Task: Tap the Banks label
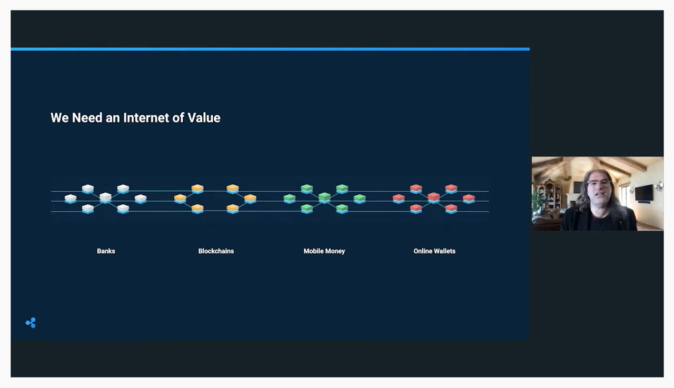point(106,251)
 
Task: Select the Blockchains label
point(216,251)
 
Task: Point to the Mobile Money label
point(324,251)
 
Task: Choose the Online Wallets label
point(434,251)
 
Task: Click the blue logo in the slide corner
point(31,323)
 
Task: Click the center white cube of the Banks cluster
point(105,198)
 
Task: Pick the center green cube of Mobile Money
point(324,198)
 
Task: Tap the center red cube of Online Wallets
point(433,198)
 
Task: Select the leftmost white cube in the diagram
point(71,199)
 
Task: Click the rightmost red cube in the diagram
point(469,199)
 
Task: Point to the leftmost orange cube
point(180,199)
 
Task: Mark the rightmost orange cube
point(250,199)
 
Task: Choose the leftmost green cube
point(290,199)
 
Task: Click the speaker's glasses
point(599,183)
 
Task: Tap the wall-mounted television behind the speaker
point(644,193)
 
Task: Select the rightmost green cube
point(360,199)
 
